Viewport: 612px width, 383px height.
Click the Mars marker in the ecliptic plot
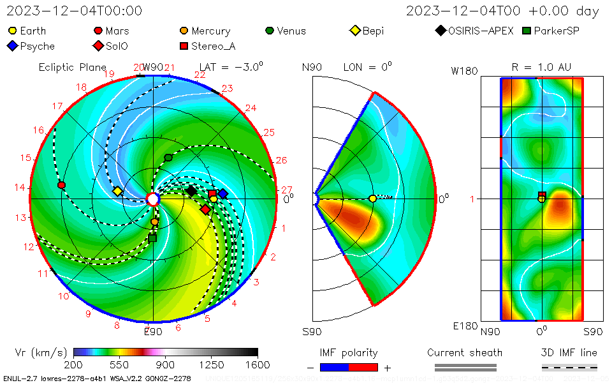pos(61,185)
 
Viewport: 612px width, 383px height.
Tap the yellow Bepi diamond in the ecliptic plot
pos(117,191)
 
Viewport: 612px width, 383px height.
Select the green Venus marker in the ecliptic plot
pos(168,158)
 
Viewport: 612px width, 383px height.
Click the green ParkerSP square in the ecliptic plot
pos(152,238)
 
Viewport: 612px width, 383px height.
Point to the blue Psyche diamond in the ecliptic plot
pos(222,193)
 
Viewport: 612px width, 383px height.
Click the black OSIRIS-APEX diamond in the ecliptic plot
pos(191,190)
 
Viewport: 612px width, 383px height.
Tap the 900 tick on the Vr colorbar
pos(166,352)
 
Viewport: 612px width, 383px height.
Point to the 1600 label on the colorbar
pos(258,365)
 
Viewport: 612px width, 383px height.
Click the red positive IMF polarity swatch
pos(363,367)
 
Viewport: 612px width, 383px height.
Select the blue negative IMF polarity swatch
pos(334,367)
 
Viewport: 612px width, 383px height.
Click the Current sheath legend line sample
pos(465,367)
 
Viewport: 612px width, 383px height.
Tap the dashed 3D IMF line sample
pos(569,367)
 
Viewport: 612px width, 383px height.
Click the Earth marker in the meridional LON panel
pos(372,199)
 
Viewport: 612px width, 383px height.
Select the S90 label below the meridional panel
pos(312,332)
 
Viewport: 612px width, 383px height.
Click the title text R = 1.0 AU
pos(541,67)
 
